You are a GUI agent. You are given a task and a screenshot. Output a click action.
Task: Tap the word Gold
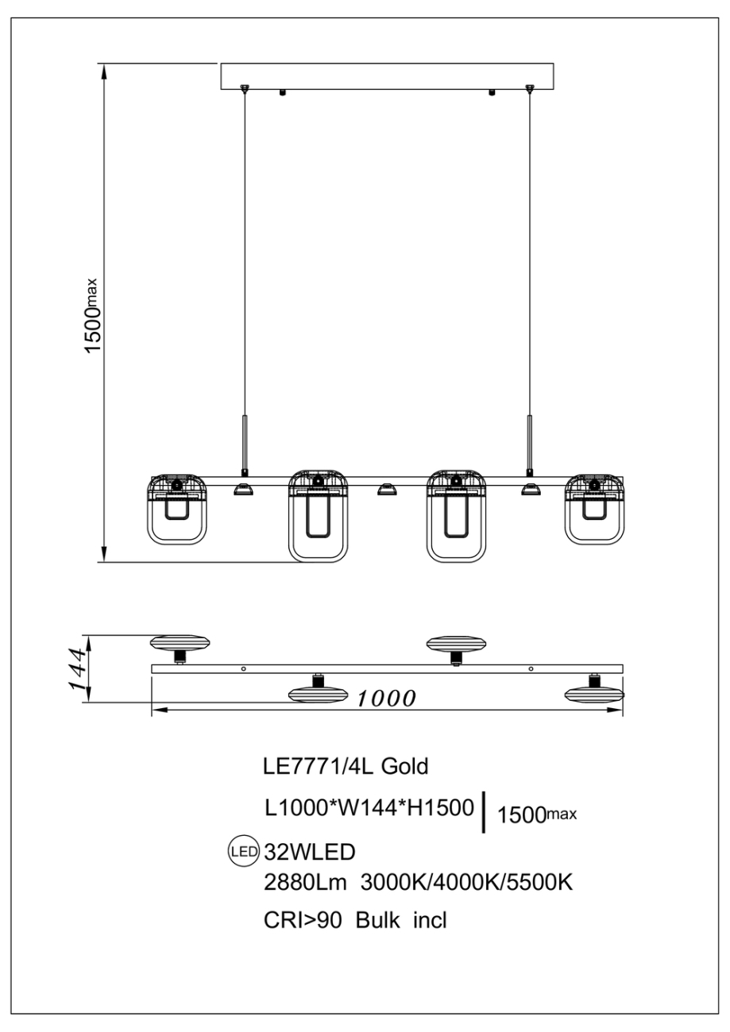[405, 766]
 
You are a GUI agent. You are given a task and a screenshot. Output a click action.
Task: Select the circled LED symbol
[243, 852]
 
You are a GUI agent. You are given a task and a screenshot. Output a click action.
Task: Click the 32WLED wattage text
[308, 852]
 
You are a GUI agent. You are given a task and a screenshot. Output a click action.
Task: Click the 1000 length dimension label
[386, 699]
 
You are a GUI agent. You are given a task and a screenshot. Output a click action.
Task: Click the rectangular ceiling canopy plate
[387, 76]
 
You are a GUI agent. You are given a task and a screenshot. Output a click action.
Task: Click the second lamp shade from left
[319, 516]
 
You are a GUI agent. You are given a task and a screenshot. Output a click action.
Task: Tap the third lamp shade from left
[456, 516]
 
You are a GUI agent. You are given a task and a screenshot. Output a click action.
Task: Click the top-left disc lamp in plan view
[181, 642]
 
